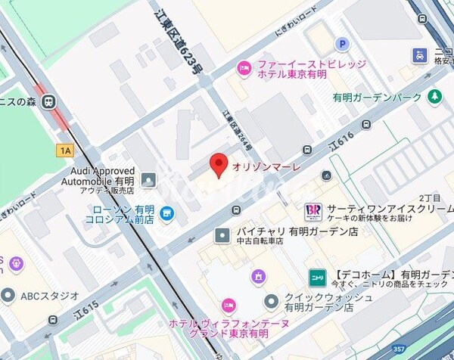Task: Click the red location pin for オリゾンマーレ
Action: click(x=218, y=164)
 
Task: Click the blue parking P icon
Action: click(x=342, y=45)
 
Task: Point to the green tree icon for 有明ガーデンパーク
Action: click(x=435, y=96)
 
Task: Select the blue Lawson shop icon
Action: click(x=166, y=215)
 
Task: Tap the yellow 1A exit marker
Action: click(x=65, y=151)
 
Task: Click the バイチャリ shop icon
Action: click(x=222, y=236)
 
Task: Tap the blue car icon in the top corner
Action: click(x=420, y=54)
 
